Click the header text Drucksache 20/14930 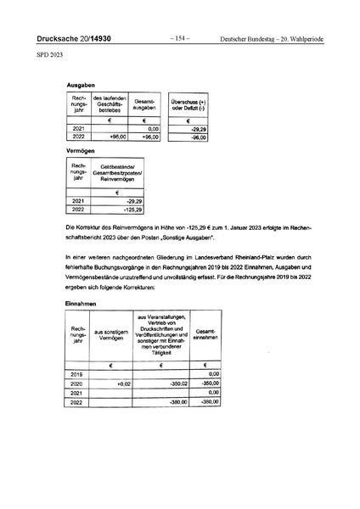coord(76,40)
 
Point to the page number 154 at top coord(180,39)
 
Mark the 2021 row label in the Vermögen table coord(78,200)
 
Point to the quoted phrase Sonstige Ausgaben coord(191,238)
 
